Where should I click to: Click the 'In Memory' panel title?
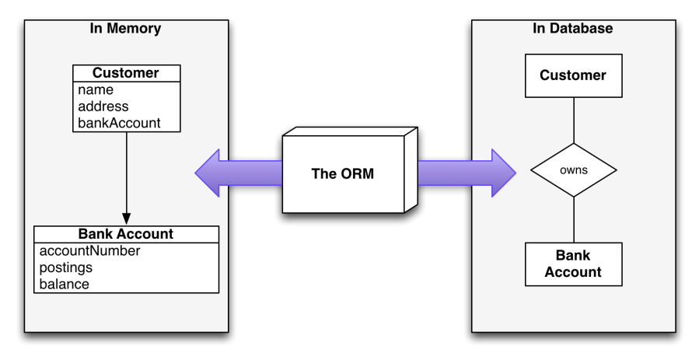tap(126, 29)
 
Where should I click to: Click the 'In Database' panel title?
tap(573, 29)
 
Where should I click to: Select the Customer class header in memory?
tap(126, 74)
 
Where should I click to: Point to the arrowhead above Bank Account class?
tap(126, 218)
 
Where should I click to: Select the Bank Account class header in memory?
tap(126, 234)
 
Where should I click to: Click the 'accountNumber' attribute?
tap(89, 251)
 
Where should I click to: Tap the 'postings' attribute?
tap(66, 267)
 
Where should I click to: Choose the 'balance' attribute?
tap(64, 284)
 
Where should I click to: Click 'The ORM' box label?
tap(342, 173)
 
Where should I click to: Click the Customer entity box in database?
tap(573, 76)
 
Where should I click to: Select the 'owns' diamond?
tap(573, 170)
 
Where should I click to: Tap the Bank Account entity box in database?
tap(573, 264)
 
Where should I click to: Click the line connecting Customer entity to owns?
tap(573, 120)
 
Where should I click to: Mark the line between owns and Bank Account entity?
tap(573, 219)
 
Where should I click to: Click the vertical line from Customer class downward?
tap(126, 171)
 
